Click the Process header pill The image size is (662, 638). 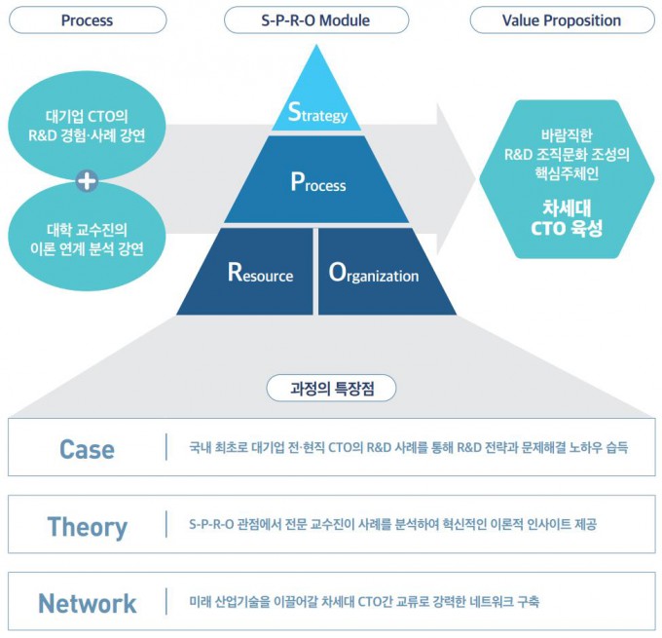[87, 19]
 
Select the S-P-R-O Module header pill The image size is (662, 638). [315, 19]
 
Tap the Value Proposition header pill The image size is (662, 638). [561, 19]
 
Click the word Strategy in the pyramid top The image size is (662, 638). [317, 113]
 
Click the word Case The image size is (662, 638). [87, 449]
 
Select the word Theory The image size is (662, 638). [87, 526]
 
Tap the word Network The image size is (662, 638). [87, 603]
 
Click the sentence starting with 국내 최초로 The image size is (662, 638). [409, 448]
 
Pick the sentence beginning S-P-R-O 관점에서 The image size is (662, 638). [392, 525]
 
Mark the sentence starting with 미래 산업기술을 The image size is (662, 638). [364, 602]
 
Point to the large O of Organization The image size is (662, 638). [337, 272]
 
